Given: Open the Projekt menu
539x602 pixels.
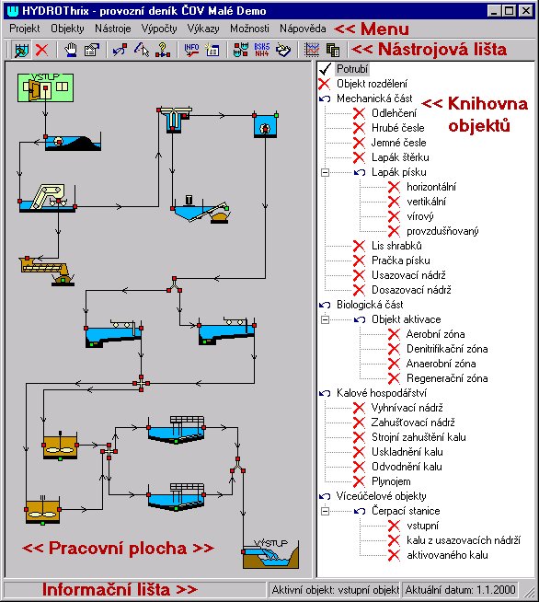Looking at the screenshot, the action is pyautogui.click(x=25, y=29).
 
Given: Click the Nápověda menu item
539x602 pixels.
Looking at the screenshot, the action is pyautogui.click(x=303, y=29).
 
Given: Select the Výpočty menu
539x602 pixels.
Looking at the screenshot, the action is pyautogui.click(x=159, y=29).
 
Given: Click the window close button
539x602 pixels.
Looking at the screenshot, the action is pyautogui.click(x=526, y=11).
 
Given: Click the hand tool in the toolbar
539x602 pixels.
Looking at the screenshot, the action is pyautogui.click(x=70, y=50).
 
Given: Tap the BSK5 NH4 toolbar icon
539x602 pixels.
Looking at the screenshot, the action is pyautogui.click(x=262, y=50).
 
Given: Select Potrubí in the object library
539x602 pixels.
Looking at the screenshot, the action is pyautogui.click(x=352, y=69).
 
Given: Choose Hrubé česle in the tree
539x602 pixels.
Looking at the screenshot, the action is pyautogui.click(x=398, y=128).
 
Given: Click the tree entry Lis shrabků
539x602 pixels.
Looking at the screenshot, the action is pyautogui.click(x=396, y=246).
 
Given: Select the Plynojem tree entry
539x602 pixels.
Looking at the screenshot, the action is pyautogui.click(x=391, y=481).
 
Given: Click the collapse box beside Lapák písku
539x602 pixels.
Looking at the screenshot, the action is pyautogui.click(x=325, y=172).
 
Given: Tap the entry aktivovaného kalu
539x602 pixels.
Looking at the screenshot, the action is pyautogui.click(x=447, y=555).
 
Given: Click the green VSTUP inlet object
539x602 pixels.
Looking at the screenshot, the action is pyautogui.click(x=45, y=88).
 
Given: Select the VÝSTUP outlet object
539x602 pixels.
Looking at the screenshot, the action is pyautogui.click(x=270, y=554).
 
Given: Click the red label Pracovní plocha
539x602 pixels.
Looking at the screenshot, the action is pyautogui.click(x=118, y=548).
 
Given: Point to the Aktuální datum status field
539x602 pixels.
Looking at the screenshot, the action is pyautogui.click(x=460, y=590).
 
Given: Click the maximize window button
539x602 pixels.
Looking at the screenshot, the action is pyautogui.click(x=509, y=11).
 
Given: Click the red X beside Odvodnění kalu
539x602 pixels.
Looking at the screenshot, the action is pyautogui.click(x=359, y=467).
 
